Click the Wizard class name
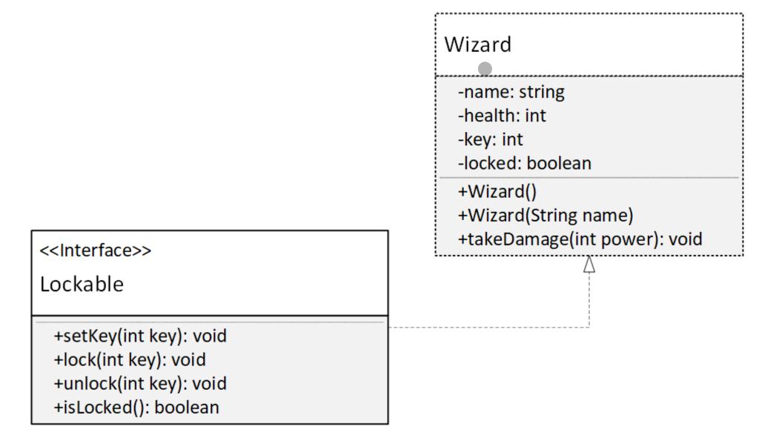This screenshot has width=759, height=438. click(478, 45)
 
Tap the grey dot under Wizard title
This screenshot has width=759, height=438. click(485, 69)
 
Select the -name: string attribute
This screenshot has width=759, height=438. click(511, 93)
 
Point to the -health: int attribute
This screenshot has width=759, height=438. click(503, 116)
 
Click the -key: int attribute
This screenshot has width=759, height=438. click(491, 139)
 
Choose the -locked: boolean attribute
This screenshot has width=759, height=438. click(525, 163)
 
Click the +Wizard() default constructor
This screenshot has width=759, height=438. click(498, 191)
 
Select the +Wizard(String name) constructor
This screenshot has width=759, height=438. click(544, 215)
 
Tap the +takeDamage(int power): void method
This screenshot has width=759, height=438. click(580, 239)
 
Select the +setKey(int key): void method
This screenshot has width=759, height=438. click(139, 336)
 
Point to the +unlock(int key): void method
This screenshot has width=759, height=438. click(139, 384)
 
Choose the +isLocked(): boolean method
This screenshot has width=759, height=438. click(136, 407)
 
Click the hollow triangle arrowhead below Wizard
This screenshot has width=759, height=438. click(589, 265)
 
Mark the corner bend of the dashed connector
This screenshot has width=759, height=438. click(589, 327)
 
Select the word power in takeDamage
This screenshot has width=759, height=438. click(632, 239)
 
